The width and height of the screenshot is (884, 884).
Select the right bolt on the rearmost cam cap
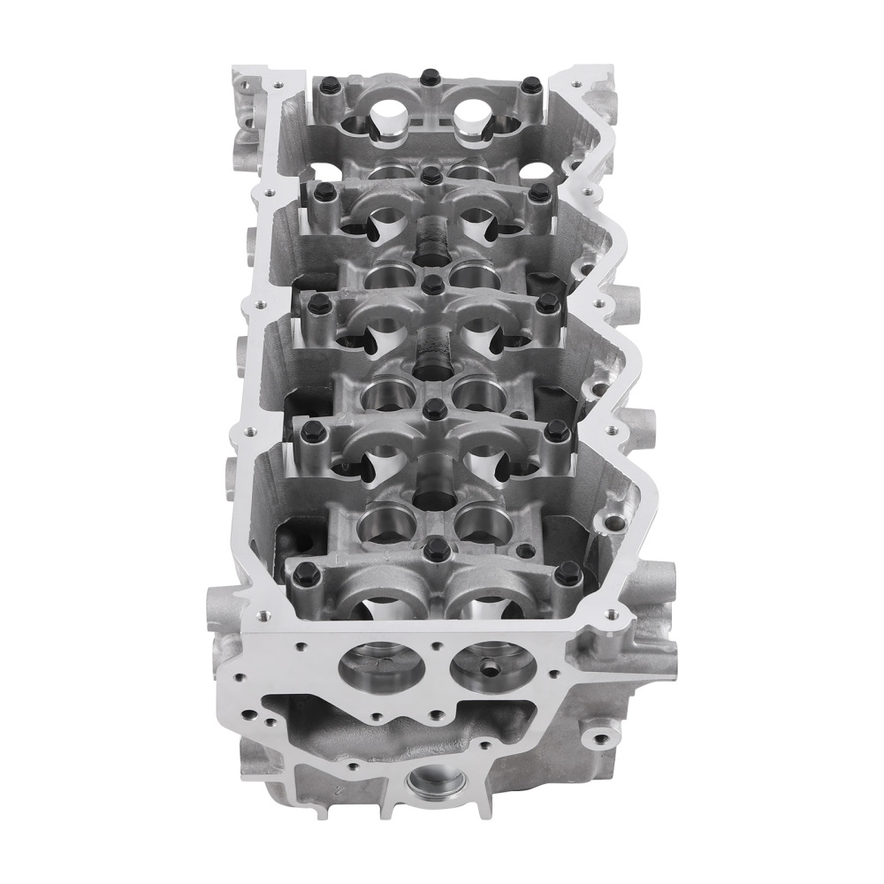pyautogui.click(x=531, y=85)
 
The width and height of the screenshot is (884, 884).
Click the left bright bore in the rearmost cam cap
pyautogui.click(x=386, y=113)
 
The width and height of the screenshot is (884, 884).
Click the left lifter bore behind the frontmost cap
pyautogui.click(x=380, y=522)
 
